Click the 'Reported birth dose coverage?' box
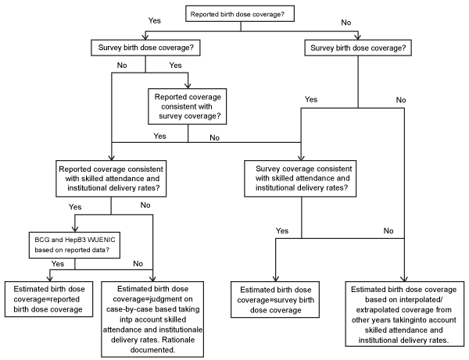point(240,14)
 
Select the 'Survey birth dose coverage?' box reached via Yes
point(145,48)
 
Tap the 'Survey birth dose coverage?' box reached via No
point(358,48)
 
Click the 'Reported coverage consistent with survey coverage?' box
point(188,106)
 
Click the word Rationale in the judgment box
point(178,340)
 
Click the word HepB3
point(76,240)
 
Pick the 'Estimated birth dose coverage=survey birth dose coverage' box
point(275,299)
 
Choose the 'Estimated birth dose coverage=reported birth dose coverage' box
point(48,299)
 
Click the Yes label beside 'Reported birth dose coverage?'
point(155,20)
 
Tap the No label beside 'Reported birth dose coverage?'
point(346,23)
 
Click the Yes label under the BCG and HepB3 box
point(57,263)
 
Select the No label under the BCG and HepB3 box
point(138,263)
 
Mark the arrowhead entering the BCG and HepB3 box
point(75,229)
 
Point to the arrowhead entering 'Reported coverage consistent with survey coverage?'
point(188,85)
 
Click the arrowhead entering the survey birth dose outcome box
point(275,279)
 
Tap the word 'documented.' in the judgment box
point(153,350)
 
